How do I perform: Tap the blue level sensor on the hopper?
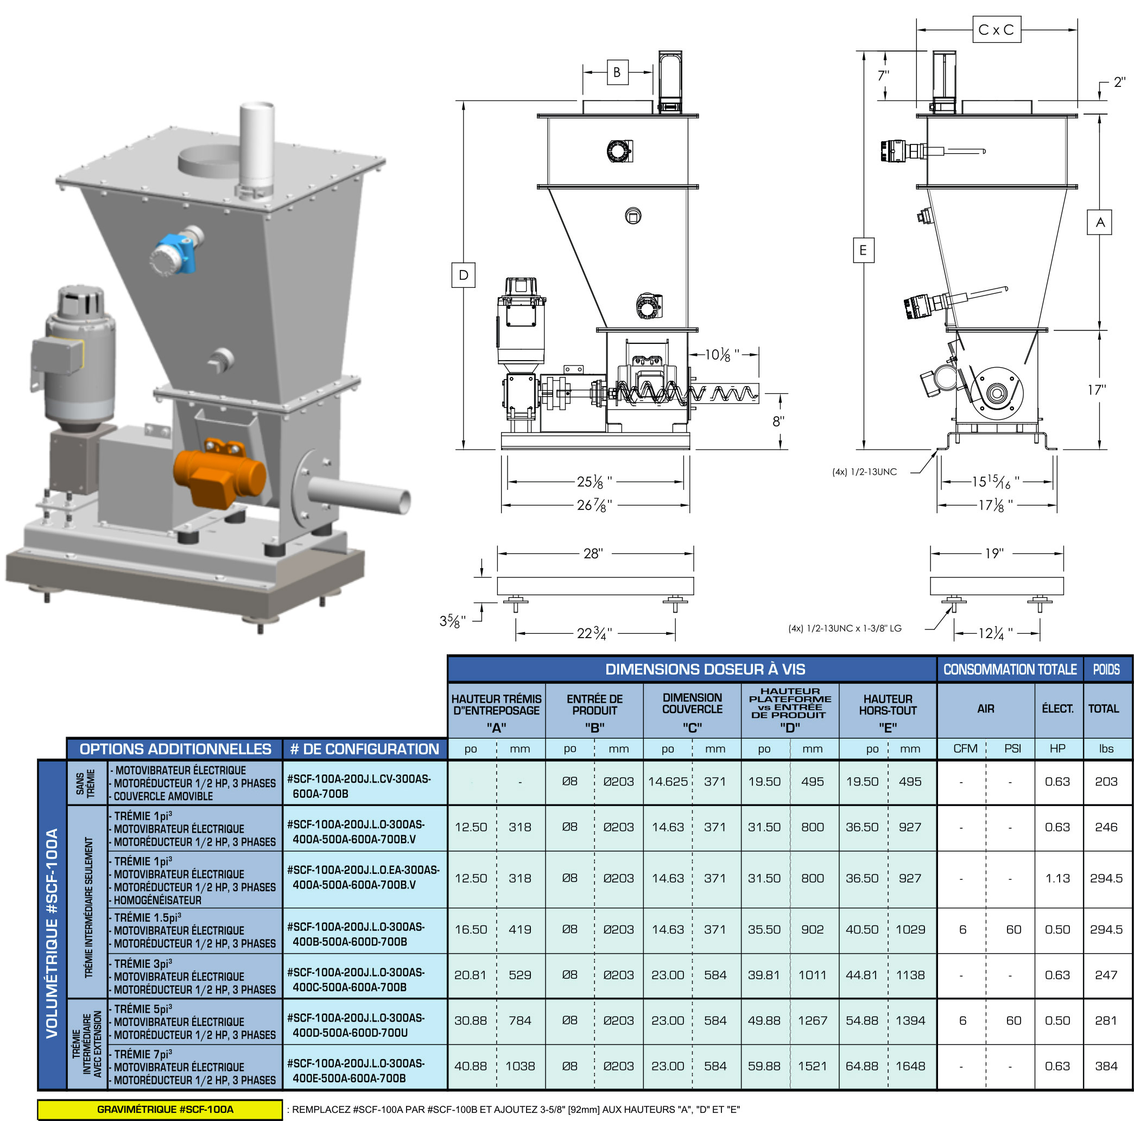pos(175,254)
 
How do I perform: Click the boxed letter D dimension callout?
pos(463,275)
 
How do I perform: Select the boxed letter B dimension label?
pos(617,72)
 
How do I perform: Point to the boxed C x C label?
pos(996,30)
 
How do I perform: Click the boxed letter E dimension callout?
pos(863,250)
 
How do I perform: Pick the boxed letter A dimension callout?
pos(1099,222)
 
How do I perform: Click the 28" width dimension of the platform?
pos(593,553)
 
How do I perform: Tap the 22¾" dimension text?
pos(594,633)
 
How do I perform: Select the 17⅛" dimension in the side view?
pos(996,505)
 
